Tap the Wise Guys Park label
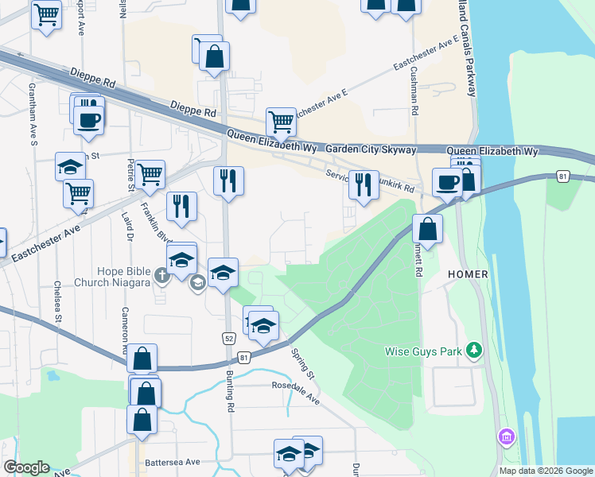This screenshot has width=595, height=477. tap(423, 351)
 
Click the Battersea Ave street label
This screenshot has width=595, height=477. tap(172, 462)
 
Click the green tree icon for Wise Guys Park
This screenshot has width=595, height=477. tap(474, 350)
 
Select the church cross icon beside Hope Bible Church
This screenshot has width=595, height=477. tap(162, 276)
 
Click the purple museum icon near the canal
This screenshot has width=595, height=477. tap(506, 436)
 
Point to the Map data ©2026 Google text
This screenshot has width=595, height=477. tap(545, 471)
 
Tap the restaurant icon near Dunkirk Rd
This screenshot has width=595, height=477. tap(364, 185)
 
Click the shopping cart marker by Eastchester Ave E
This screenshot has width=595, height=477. tap(281, 122)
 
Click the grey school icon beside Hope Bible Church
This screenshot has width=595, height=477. tap(197, 284)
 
